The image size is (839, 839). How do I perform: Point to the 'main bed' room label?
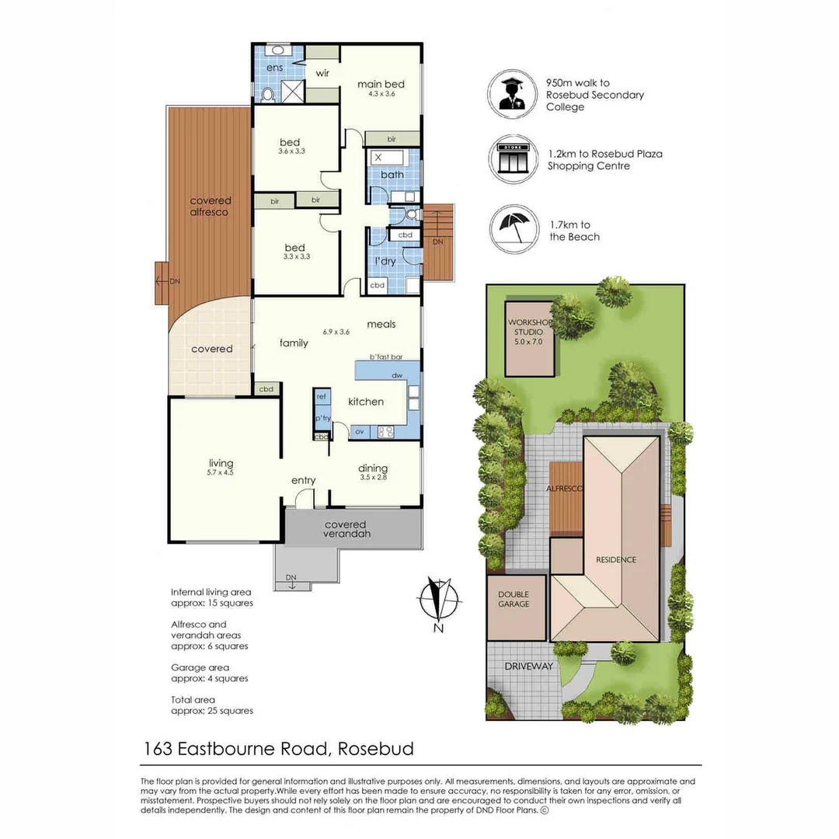381,85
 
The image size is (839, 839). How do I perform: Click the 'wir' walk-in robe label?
323,75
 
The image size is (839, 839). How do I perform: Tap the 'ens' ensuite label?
274,68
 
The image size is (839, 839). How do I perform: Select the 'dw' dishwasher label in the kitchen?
396,376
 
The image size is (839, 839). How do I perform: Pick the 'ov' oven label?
360,431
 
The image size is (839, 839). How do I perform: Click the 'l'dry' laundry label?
385,261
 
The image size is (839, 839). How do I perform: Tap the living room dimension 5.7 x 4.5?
221,472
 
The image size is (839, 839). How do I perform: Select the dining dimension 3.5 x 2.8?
373,477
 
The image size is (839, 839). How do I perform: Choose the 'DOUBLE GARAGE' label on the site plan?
513,599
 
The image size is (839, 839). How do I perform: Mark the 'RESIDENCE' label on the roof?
616,559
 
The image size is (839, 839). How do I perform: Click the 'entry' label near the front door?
304,480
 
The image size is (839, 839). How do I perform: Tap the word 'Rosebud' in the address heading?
377,749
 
